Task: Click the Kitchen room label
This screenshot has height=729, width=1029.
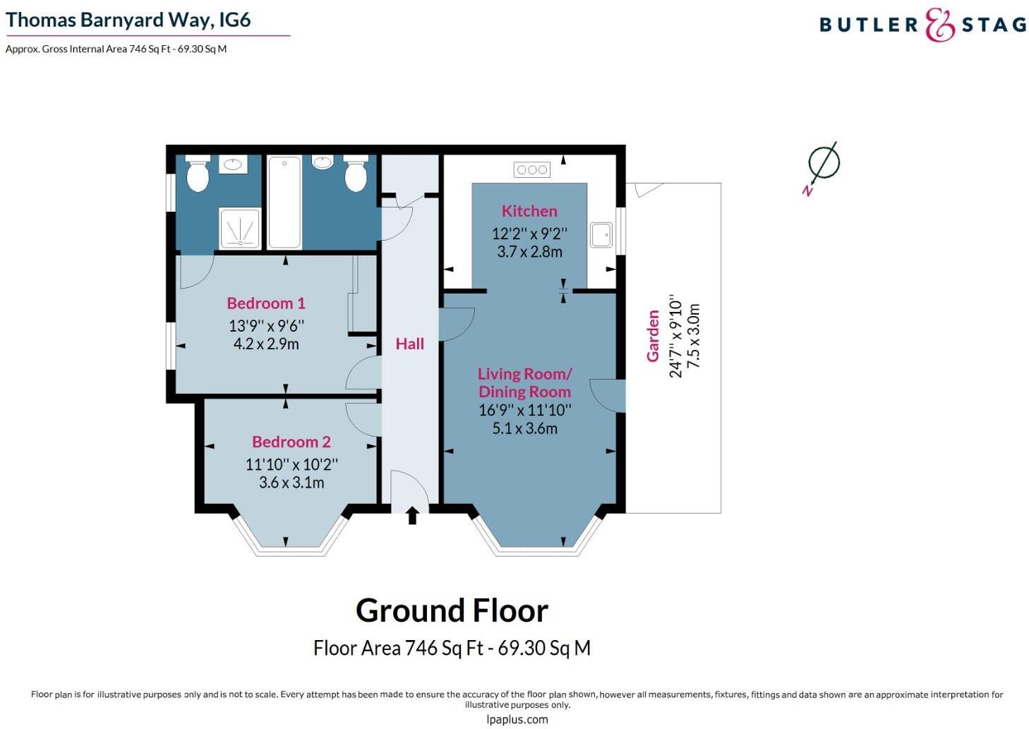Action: click(x=529, y=211)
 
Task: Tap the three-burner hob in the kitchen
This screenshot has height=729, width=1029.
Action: click(x=532, y=169)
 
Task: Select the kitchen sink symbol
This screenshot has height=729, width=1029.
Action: click(x=601, y=234)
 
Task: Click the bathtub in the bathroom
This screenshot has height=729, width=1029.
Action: click(x=284, y=203)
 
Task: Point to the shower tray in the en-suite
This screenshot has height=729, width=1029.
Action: click(x=240, y=228)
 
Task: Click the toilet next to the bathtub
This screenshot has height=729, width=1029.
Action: click(x=356, y=174)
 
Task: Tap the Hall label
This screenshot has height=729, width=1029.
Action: click(x=409, y=344)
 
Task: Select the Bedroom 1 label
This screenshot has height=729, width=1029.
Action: click(x=266, y=303)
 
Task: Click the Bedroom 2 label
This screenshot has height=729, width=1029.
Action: click(x=291, y=442)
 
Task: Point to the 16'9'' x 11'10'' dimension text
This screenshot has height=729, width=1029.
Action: click(x=525, y=410)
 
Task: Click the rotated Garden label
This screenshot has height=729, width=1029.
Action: click(x=653, y=336)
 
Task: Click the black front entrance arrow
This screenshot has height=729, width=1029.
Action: click(x=413, y=516)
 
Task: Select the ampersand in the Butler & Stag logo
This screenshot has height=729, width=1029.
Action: click(x=939, y=25)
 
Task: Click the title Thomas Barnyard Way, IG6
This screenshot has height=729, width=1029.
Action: click(x=128, y=20)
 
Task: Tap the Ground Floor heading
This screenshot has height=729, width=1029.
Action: click(x=452, y=610)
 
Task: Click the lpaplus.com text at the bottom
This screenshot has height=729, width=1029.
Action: click(x=517, y=720)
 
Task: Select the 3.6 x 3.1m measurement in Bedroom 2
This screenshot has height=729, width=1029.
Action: click(x=291, y=483)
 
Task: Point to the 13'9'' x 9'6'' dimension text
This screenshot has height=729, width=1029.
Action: click(x=266, y=325)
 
